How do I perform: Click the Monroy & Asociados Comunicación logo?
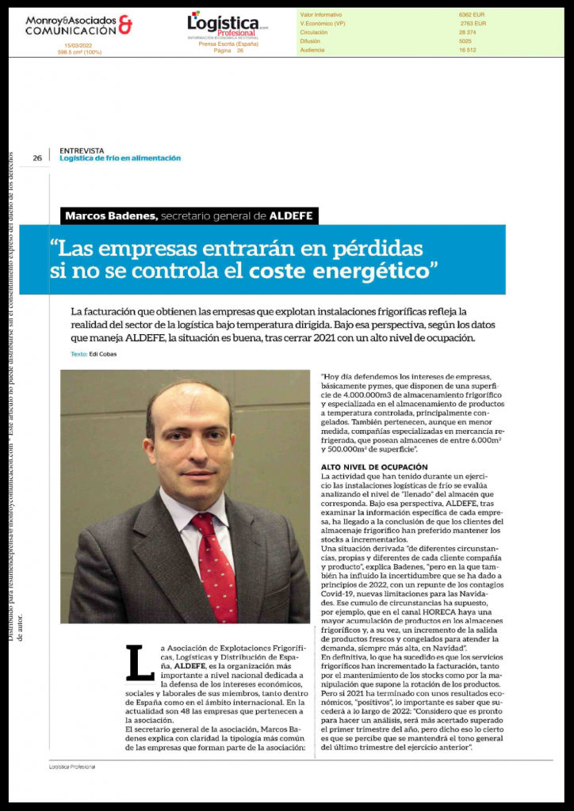78,25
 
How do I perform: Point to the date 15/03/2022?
80,46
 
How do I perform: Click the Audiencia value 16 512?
467,50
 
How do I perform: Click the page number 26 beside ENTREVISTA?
37,158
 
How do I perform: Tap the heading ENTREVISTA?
82,150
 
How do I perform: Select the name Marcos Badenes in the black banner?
112,215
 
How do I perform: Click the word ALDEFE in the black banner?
293,215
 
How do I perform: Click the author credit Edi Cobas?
103,354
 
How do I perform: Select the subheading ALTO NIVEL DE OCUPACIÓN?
374,467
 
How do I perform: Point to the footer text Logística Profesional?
72,767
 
